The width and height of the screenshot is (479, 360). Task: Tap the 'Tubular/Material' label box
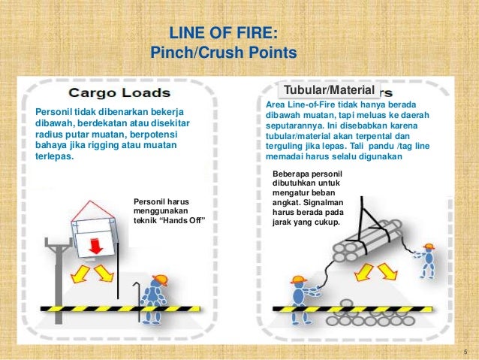click(327, 90)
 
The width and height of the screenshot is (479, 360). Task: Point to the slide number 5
click(465, 352)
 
